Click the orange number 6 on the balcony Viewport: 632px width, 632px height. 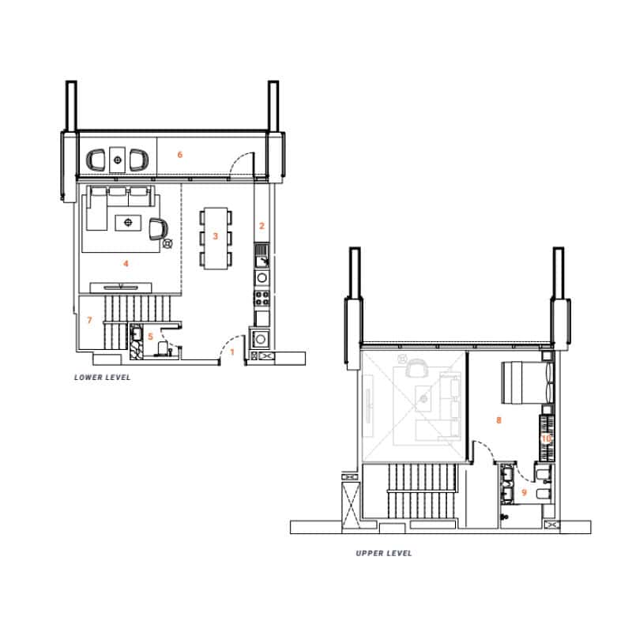180,154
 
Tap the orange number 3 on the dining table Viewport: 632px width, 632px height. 215,236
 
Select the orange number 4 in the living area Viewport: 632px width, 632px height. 126,264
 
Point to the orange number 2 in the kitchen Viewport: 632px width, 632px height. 261,226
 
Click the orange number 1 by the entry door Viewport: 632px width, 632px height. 231,352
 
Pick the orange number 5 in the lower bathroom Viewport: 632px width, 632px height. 150,337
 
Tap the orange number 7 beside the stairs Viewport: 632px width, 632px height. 89,320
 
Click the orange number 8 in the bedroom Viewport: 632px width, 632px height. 498,420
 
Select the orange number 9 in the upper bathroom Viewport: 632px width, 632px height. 524,492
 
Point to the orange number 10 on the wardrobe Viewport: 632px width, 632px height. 546,438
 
